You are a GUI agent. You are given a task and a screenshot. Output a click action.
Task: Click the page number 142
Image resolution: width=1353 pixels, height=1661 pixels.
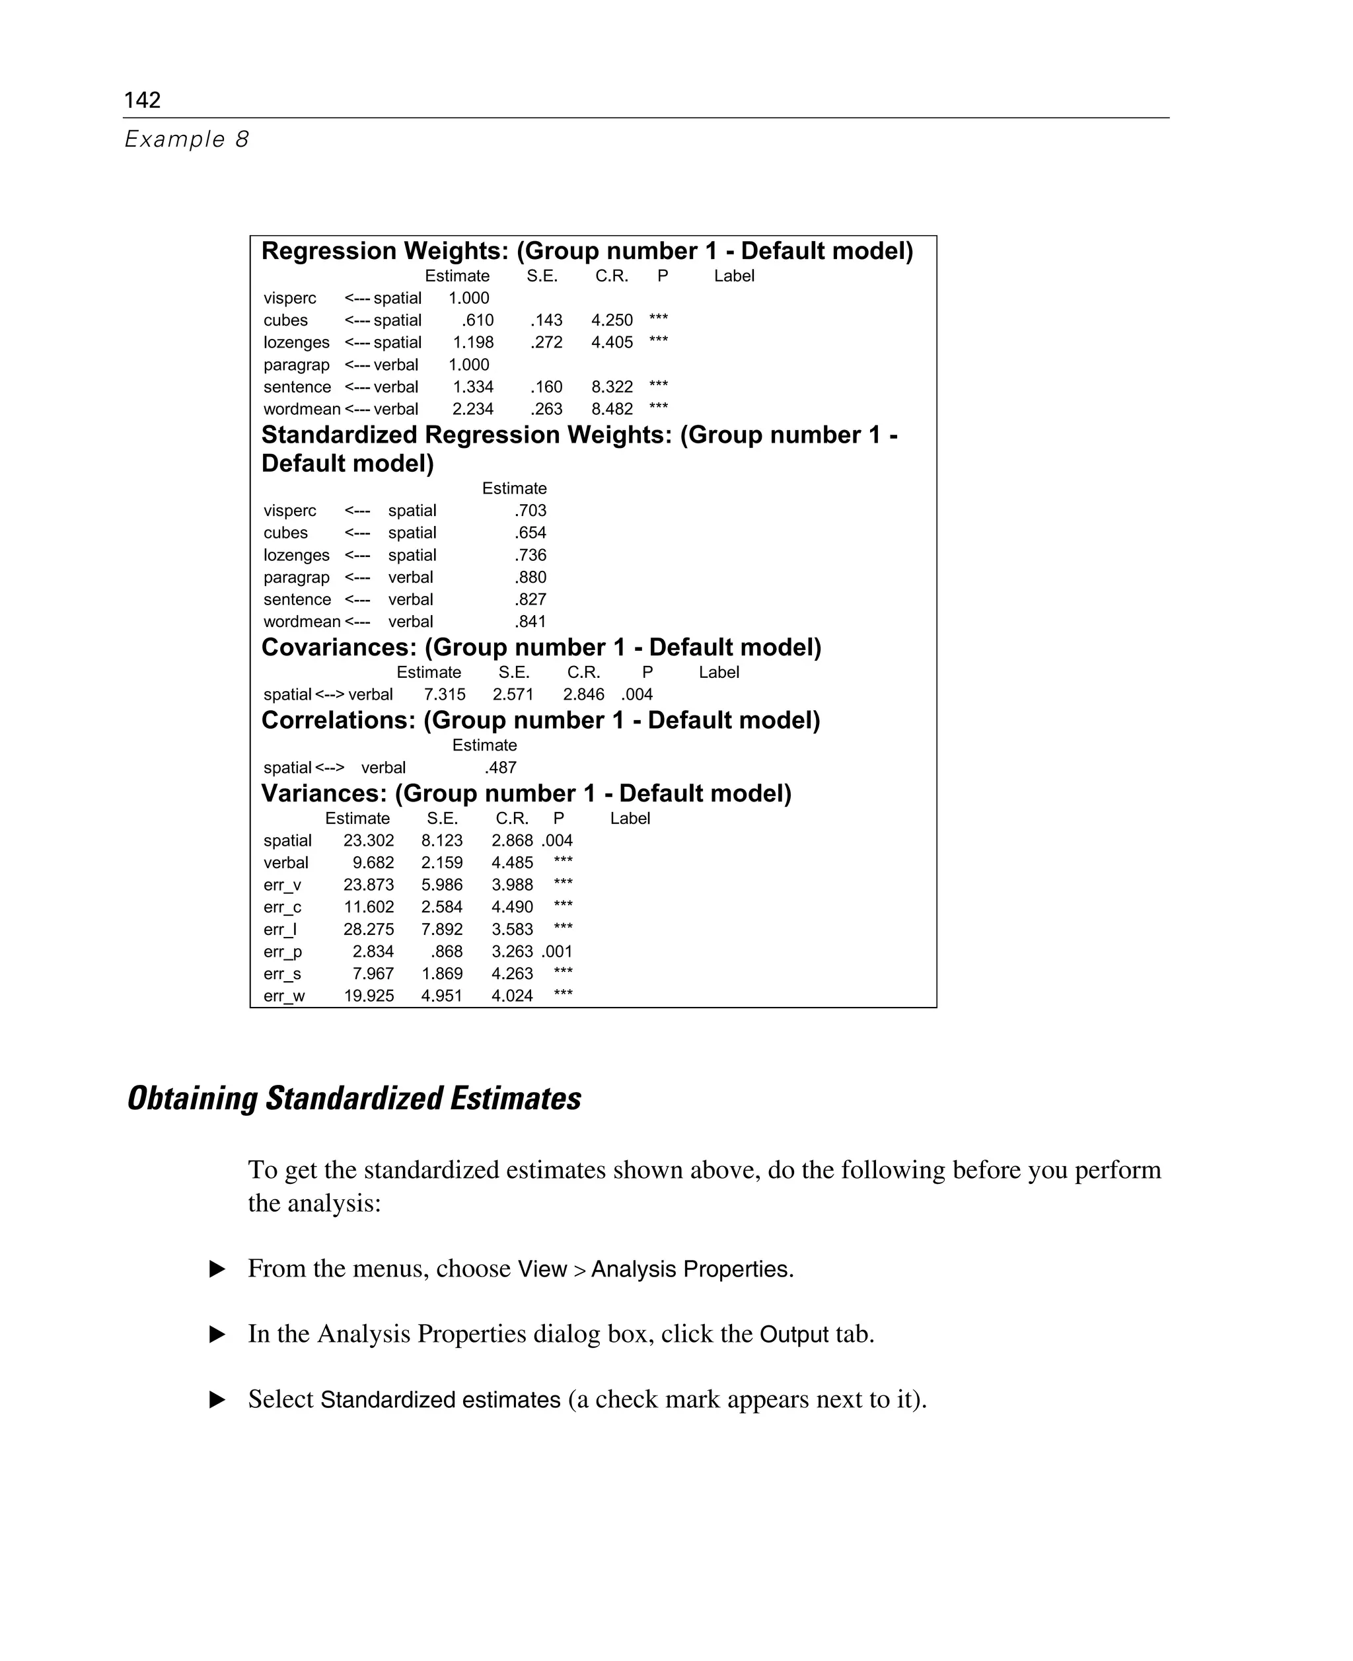tap(142, 100)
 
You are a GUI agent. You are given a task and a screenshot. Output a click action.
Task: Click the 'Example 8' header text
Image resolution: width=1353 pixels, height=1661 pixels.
tap(186, 139)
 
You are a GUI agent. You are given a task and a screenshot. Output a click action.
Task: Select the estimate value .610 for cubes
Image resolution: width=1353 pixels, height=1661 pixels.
tap(477, 320)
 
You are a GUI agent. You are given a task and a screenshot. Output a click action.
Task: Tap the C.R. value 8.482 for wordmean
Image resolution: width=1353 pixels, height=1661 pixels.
tap(612, 409)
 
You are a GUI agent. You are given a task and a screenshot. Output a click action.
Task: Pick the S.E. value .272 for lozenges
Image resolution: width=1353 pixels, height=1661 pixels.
tap(546, 342)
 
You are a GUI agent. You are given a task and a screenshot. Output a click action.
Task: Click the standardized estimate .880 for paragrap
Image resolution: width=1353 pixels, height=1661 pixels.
tap(530, 577)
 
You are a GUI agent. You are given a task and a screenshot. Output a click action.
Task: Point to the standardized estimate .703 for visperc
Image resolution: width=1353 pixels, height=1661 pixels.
tap(530, 511)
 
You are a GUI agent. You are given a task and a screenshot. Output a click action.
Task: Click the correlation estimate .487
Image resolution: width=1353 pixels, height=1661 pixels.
tap(500, 768)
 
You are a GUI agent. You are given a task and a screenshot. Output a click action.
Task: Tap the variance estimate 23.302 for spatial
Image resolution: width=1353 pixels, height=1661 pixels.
tap(369, 840)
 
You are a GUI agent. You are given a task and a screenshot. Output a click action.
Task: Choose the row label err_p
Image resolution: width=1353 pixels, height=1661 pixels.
tap(282, 951)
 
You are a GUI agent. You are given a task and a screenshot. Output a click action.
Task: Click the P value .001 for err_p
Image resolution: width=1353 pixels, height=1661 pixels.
tap(558, 951)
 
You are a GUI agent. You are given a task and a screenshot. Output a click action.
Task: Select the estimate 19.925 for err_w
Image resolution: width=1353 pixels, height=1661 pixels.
tap(369, 996)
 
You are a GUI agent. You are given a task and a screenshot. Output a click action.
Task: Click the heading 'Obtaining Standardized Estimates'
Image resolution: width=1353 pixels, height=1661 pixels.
tap(354, 1098)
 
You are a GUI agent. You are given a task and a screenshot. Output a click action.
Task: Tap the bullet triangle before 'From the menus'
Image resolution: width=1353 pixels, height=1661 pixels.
tap(217, 1269)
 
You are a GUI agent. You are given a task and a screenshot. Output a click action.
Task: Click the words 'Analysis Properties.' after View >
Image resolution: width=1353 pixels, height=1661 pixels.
tap(692, 1269)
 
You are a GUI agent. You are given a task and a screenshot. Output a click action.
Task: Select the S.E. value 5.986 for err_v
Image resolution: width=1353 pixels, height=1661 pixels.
tap(442, 885)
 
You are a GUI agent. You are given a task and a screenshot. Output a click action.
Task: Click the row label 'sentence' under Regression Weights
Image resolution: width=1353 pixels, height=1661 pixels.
tap(297, 387)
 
